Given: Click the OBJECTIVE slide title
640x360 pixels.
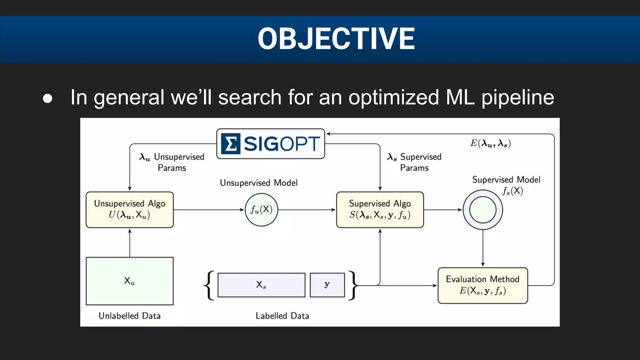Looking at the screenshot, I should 336,39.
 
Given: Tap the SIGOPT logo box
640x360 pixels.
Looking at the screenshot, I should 271,144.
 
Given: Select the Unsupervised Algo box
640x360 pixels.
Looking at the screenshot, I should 130,209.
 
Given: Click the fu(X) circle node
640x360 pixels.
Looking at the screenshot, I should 261,210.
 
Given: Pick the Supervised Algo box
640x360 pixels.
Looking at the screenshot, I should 380,209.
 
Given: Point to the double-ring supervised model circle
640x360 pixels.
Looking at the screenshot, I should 483,210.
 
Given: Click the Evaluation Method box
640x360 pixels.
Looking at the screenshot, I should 483,285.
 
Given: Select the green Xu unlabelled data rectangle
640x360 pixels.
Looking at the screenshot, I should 130,281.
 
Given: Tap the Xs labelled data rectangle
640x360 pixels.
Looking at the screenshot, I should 261,285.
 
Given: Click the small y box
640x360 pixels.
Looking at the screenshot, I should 327,285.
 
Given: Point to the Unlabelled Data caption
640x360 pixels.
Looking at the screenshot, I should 130,316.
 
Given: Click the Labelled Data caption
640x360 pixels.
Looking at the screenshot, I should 282,316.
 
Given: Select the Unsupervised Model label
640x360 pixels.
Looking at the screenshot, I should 259,183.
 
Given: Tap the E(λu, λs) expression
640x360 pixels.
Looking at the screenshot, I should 490,143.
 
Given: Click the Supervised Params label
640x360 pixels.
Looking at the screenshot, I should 415,162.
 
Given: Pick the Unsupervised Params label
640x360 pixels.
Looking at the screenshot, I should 172,162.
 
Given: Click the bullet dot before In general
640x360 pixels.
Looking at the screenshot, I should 47,98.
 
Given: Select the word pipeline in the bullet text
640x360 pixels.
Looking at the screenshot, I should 517,97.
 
